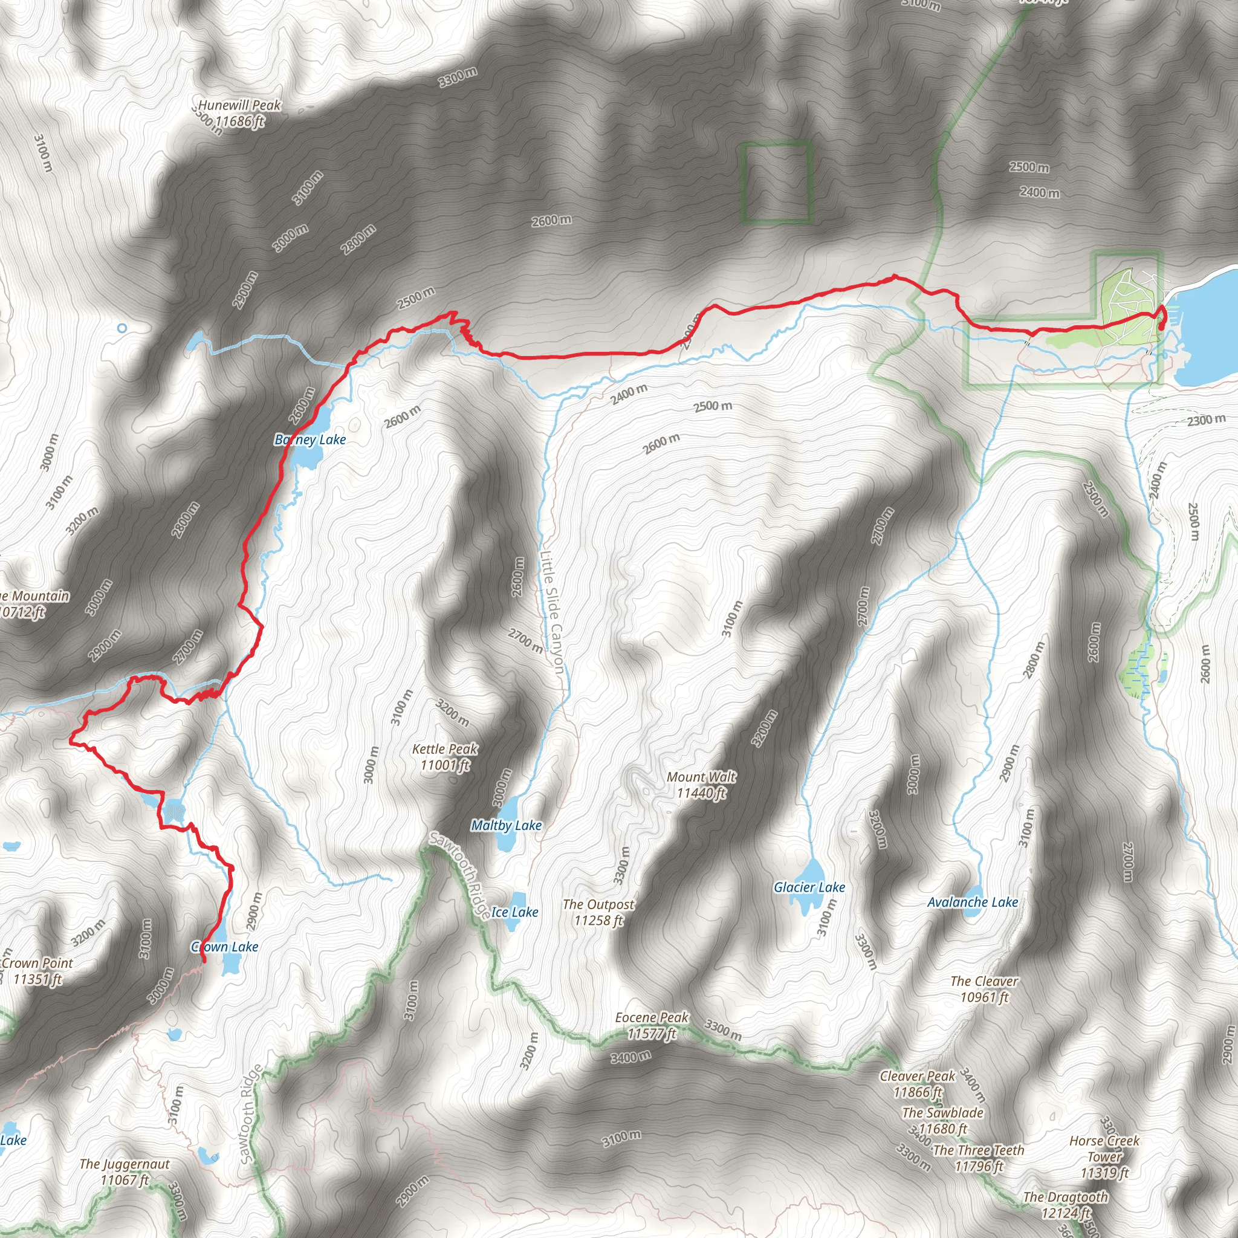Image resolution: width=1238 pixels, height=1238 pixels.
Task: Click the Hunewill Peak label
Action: point(239,113)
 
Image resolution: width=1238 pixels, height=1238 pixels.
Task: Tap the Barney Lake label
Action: point(310,439)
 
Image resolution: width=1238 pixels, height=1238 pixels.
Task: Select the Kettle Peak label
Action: point(445,756)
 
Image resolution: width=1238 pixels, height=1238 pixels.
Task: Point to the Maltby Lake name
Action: point(506,825)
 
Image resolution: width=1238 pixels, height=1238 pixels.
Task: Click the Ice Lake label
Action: point(514,912)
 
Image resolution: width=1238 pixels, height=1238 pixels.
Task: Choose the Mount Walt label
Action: point(702,785)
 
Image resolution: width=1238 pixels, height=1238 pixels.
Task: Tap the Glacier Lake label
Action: point(809,887)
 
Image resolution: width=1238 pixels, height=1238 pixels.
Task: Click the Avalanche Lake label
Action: point(973,903)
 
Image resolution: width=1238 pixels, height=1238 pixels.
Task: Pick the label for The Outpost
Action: point(598,912)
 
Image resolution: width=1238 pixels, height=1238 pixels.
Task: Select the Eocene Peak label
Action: point(652,1025)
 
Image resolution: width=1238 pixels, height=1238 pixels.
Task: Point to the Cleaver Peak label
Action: point(918,1084)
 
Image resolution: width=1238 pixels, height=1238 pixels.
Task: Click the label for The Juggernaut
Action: point(125,1172)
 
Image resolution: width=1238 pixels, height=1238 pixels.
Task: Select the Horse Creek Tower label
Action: point(1105,1156)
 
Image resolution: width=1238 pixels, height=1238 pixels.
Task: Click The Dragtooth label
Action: point(1066,1205)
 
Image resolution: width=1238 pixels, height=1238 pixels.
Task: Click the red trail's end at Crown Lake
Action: point(204,961)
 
